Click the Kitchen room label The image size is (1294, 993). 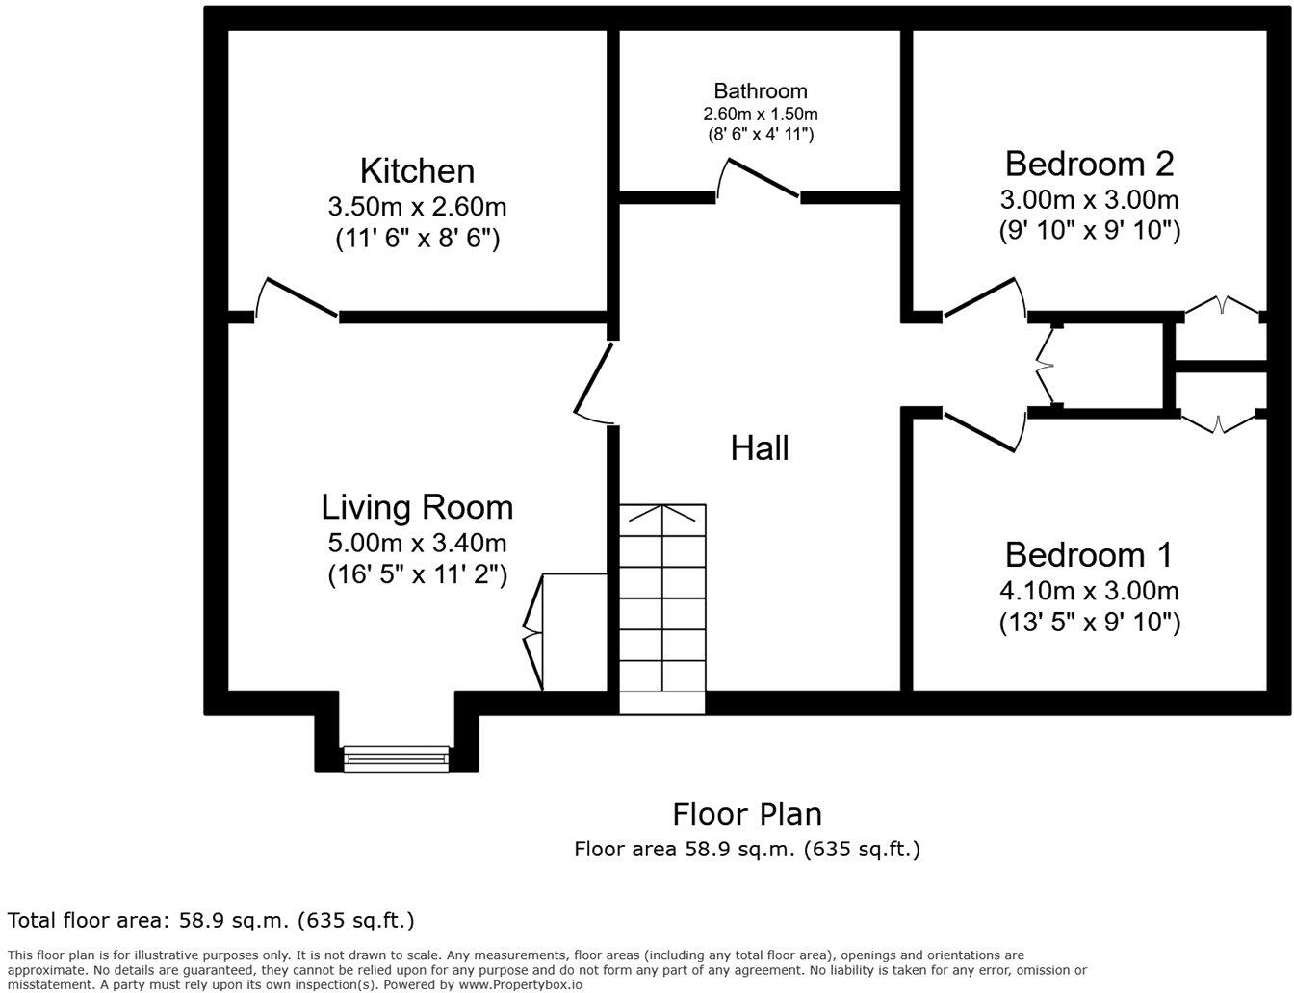417,171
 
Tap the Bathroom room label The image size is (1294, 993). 760,91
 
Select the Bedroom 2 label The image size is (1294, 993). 1089,164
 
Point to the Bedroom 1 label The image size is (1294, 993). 1089,555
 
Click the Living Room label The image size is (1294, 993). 417,507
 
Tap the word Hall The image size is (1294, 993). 760,448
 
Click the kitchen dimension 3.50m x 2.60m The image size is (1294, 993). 417,207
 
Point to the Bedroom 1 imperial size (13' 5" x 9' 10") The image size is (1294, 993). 1089,623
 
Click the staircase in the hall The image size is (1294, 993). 662,606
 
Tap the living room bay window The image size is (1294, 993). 397,758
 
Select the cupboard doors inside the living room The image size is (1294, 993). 532,631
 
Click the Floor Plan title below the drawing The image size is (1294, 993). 747,814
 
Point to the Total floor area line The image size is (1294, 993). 211,920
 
